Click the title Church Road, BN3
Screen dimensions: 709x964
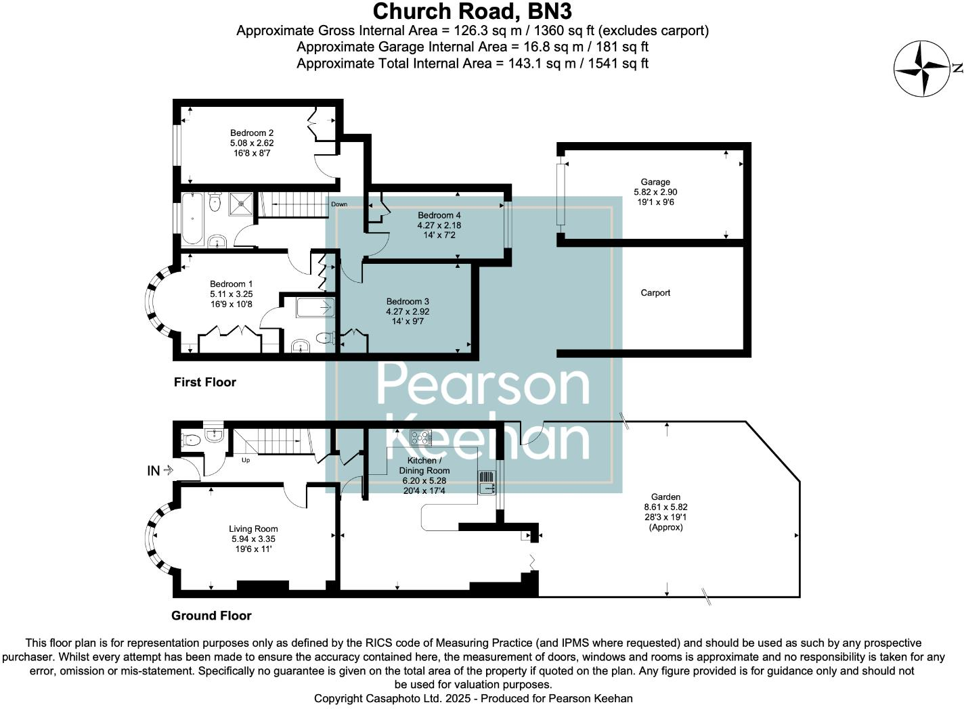(x=473, y=12)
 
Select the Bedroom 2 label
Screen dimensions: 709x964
(x=252, y=133)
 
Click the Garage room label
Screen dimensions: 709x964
(x=655, y=182)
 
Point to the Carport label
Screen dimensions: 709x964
(x=655, y=293)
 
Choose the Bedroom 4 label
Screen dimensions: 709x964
(x=439, y=216)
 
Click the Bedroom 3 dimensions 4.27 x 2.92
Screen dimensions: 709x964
(x=408, y=312)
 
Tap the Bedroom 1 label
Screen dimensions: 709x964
(x=231, y=284)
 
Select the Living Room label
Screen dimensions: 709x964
(x=253, y=529)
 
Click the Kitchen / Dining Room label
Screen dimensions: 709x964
(x=424, y=465)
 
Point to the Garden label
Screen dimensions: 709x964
(x=665, y=497)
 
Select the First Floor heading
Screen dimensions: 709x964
(x=205, y=382)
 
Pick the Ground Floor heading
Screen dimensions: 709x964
(x=211, y=616)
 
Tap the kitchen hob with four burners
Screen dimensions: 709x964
(x=420, y=438)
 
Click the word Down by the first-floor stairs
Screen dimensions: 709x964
(x=339, y=204)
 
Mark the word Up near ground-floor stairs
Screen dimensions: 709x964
(x=246, y=460)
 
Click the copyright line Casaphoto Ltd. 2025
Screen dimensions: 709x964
(x=473, y=698)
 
